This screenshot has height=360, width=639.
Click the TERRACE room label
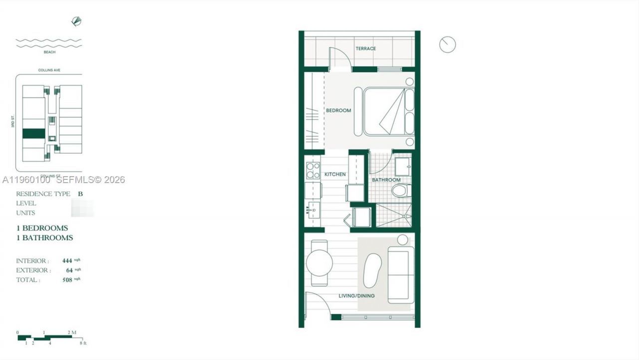365,48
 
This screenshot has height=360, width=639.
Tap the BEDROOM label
338,110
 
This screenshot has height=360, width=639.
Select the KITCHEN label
335,174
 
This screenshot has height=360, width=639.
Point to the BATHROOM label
386,180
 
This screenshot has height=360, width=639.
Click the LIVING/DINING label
356,296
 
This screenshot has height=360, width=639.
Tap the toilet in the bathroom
401,190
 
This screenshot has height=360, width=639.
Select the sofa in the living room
401,274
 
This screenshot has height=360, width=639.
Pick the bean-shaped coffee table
372,270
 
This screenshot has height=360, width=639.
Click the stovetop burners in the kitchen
313,171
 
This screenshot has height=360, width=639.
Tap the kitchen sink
314,210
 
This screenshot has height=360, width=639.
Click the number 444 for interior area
67,261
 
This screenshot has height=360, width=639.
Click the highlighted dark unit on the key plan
34,133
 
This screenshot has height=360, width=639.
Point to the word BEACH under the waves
49,52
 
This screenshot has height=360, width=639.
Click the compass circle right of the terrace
447,44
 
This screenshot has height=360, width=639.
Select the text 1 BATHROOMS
44,238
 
